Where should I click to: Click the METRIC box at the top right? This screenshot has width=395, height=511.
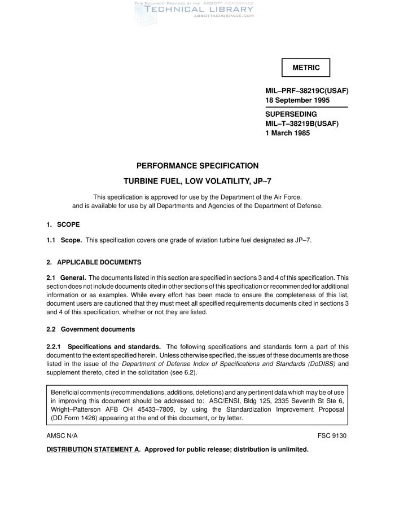coord(306,68)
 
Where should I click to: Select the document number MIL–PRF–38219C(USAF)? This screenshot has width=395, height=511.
coord(306,90)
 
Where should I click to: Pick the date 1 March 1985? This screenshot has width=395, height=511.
coord(288,134)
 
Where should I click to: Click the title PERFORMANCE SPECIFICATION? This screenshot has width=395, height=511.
coord(197,166)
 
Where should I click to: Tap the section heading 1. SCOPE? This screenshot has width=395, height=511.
coord(63,224)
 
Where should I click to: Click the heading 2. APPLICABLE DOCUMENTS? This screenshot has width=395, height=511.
coord(94,262)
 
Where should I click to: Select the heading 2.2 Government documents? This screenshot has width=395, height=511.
coord(90,329)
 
